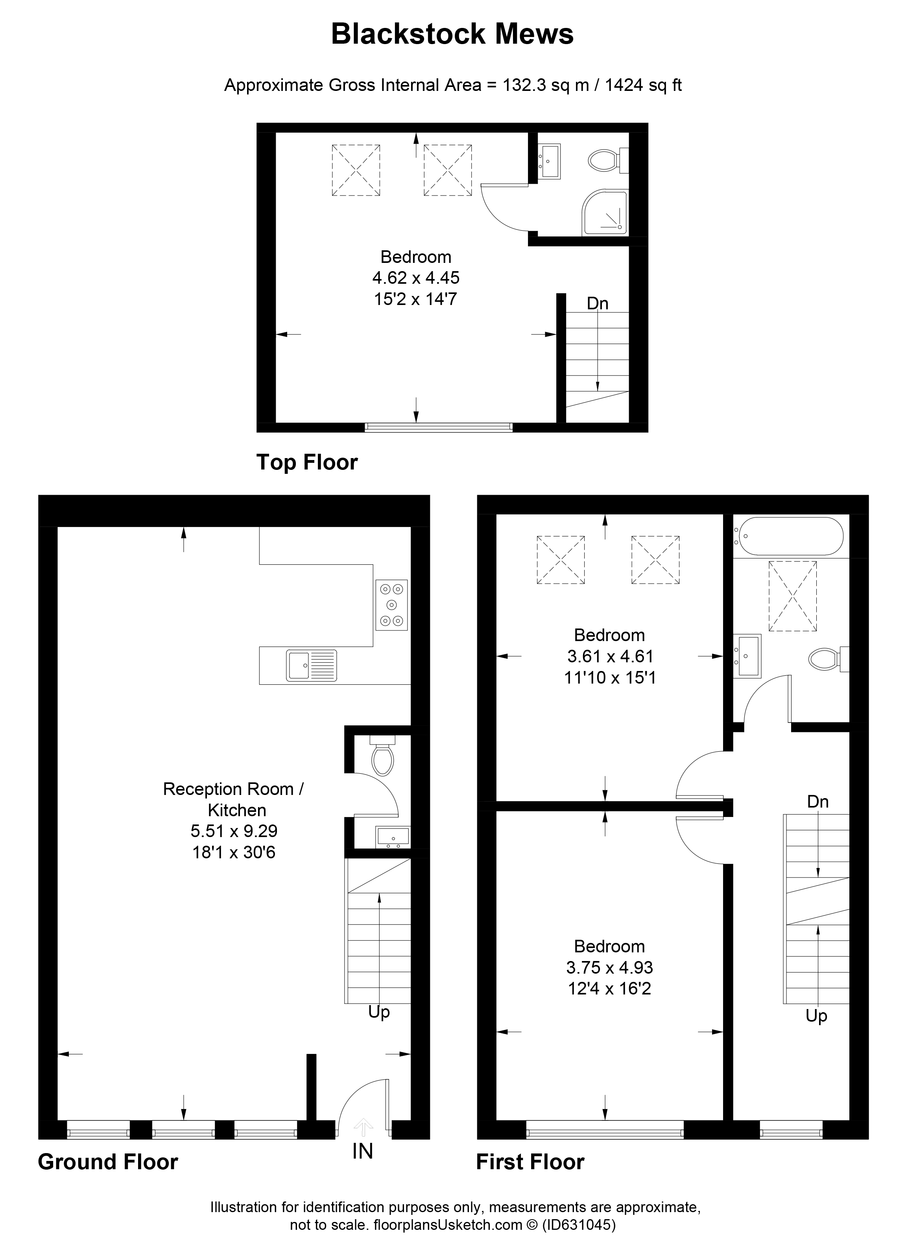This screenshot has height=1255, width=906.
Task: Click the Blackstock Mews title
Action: click(x=452, y=34)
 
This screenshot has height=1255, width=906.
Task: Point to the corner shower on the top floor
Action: click(x=606, y=213)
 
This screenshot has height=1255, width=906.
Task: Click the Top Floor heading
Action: click(x=307, y=462)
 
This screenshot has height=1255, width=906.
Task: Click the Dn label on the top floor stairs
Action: click(x=597, y=303)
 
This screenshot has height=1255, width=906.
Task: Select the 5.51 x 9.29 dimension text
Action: click(x=234, y=831)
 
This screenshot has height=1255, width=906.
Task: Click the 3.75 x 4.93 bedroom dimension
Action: click(x=609, y=967)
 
